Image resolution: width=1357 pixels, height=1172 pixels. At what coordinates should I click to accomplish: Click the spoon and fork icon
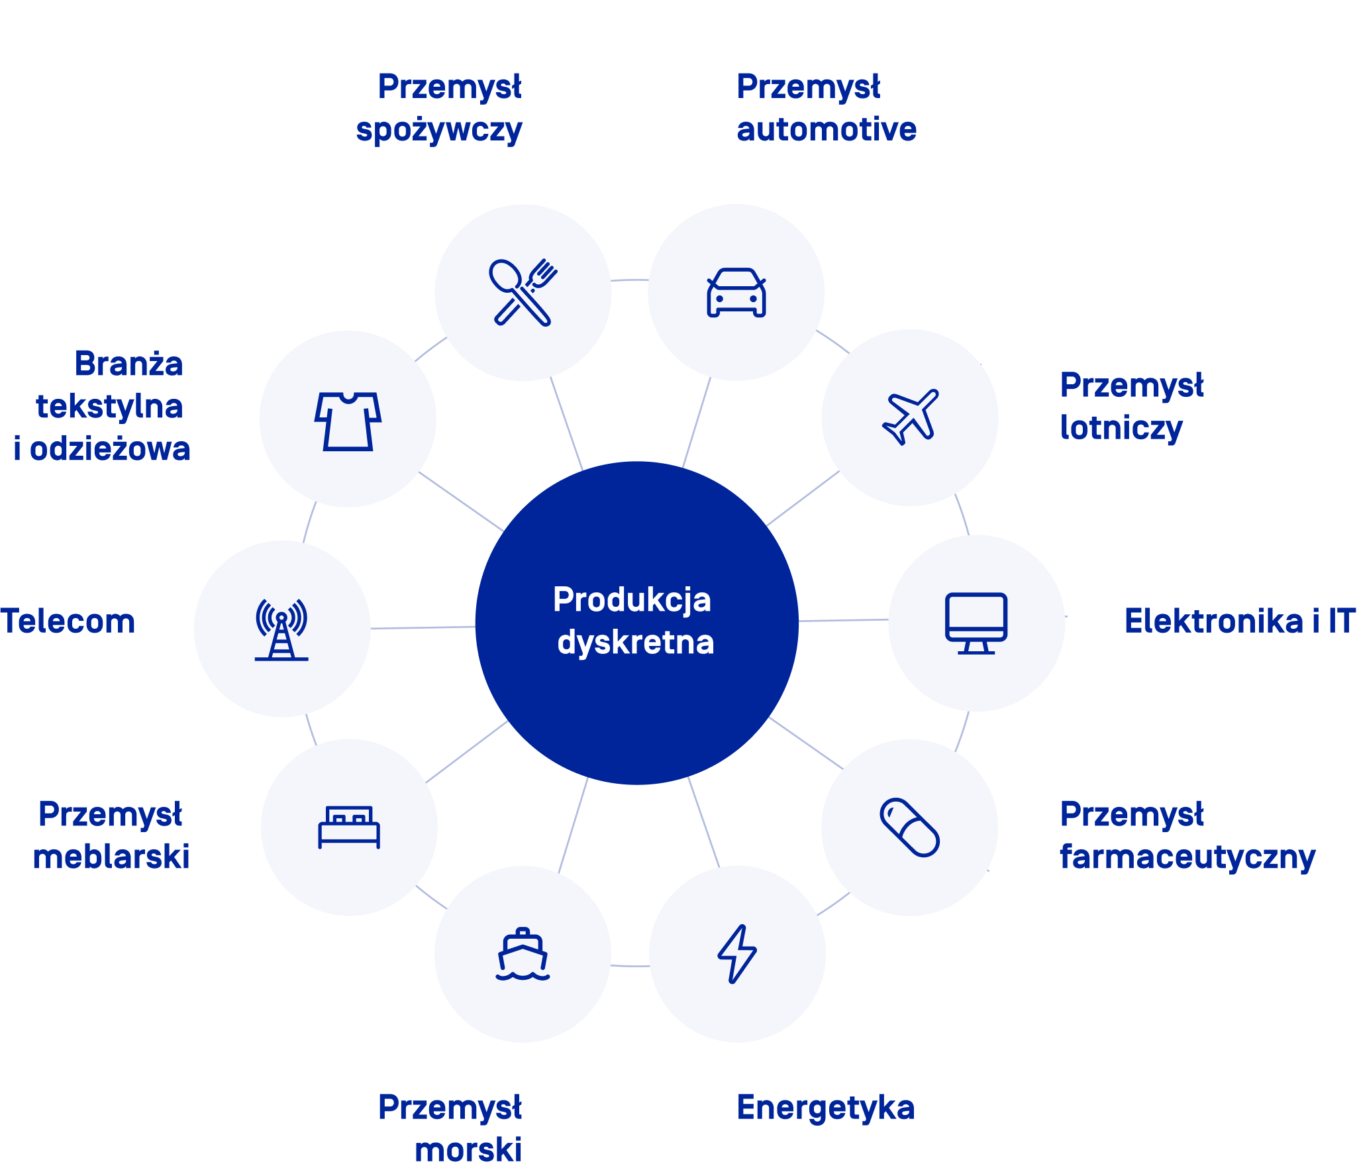[523, 292]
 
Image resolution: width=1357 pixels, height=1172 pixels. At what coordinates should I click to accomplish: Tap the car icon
[736, 292]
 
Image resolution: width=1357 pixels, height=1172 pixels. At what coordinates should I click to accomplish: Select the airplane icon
[911, 417]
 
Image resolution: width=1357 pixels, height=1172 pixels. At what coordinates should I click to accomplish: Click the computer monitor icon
[976, 623]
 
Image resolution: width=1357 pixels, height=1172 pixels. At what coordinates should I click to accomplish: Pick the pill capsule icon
[910, 827]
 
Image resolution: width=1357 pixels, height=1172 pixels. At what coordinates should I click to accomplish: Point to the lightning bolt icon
[737, 954]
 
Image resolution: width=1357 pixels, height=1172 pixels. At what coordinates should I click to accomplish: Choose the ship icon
[523, 954]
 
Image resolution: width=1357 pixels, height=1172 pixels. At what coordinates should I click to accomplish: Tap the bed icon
[349, 827]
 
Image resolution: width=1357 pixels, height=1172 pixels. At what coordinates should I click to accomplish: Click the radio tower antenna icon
[281, 629]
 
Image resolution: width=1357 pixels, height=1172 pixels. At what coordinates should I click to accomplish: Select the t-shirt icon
[348, 421]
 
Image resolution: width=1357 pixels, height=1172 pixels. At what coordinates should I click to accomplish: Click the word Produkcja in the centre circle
[632, 600]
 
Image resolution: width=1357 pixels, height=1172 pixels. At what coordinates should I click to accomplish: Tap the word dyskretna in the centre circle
[636, 642]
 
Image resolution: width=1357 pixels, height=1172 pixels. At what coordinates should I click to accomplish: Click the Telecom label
[68, 621]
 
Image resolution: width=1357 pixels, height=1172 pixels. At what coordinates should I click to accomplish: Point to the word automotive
[827, 129]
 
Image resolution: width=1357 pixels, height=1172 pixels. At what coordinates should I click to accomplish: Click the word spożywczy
[439, 131]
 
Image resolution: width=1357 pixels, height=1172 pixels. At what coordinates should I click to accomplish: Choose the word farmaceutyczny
[1187, 857]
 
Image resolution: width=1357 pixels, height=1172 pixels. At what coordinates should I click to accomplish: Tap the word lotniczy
[1121, 428]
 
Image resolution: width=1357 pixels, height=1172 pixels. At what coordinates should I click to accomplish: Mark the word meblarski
[111, 856]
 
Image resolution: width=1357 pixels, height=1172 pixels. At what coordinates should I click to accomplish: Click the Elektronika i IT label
[1240, 621]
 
